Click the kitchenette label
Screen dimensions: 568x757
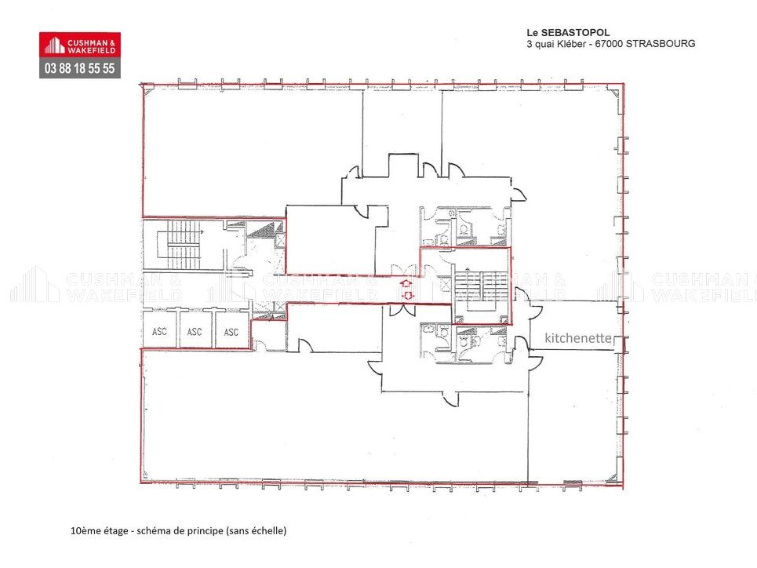pos(578,338)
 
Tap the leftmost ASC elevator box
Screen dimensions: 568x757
pos(158,331)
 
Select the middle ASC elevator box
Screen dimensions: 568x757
pos(195,331)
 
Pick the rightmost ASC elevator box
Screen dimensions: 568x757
pos(231,331)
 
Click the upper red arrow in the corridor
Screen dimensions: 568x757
pos(406,282)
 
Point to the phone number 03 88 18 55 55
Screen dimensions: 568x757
pos(80,68)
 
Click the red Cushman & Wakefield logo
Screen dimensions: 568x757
pos(80,45)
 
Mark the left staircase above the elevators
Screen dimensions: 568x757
pos(180,245)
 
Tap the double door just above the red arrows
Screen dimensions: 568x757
pos(406,269)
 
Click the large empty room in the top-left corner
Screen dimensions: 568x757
pos(251,149)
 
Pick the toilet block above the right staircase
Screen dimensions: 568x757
pos(464,226)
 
